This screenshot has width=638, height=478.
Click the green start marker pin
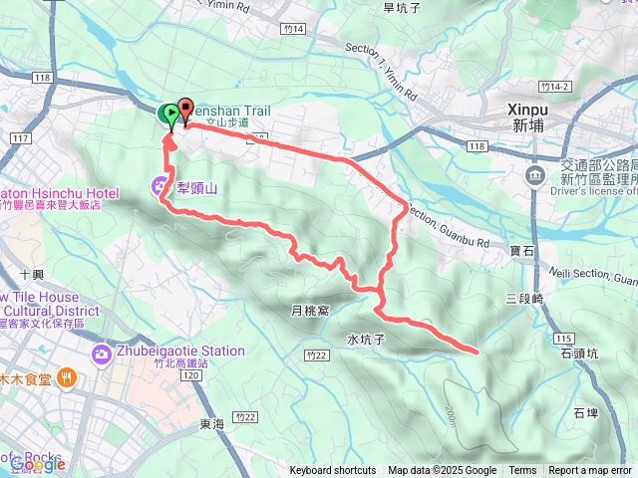click(x=167, y=115)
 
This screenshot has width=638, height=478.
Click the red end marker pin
click(x=184, y=113)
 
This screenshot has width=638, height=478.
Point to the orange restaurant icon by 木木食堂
click(x=66, y=376)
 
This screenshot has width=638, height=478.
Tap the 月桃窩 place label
click(x=310, y=311)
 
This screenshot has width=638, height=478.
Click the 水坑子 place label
click(x=367, y=339)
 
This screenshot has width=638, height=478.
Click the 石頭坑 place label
click(x=579, y=352)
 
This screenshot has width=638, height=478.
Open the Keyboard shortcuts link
click(x=333, y=471)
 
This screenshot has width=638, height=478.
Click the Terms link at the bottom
click(x=522, y=471)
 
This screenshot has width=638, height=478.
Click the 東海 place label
click(x=211, y=424)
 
